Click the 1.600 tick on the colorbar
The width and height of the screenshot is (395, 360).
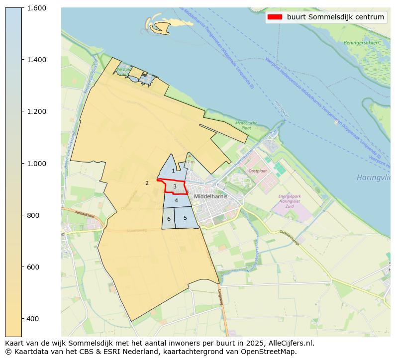[x=37, y=8]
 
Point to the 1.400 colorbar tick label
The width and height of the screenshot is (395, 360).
[x=37, y=60]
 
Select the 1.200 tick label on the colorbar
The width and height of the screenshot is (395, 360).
[x=37, y=111]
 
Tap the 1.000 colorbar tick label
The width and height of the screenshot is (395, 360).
[x=37, y=164]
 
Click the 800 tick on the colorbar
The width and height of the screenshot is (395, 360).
[x=34, y=215]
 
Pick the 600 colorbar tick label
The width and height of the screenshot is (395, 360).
[x=34, y=267]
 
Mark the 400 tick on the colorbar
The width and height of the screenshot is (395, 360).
[x=34, y=319]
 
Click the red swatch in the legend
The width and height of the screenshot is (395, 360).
[x=275, y=17]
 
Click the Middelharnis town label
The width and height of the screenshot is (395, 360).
[x=211, y=196]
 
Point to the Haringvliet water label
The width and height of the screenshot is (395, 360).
[x=373, y=178]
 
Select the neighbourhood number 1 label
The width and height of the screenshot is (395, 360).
[x=173, y=171]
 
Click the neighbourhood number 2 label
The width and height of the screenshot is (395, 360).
[x=147, y=183]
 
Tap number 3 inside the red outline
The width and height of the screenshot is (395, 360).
[x=175, y=187]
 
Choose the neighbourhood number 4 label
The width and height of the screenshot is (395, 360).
[x=176, y=200]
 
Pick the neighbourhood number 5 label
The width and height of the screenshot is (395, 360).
[x=185, y=218]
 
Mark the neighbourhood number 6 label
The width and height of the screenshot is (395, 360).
[x=169, y=219]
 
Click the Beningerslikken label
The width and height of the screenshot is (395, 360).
[x=361, y=43]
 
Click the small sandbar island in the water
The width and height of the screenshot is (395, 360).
[x=164, y=26]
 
